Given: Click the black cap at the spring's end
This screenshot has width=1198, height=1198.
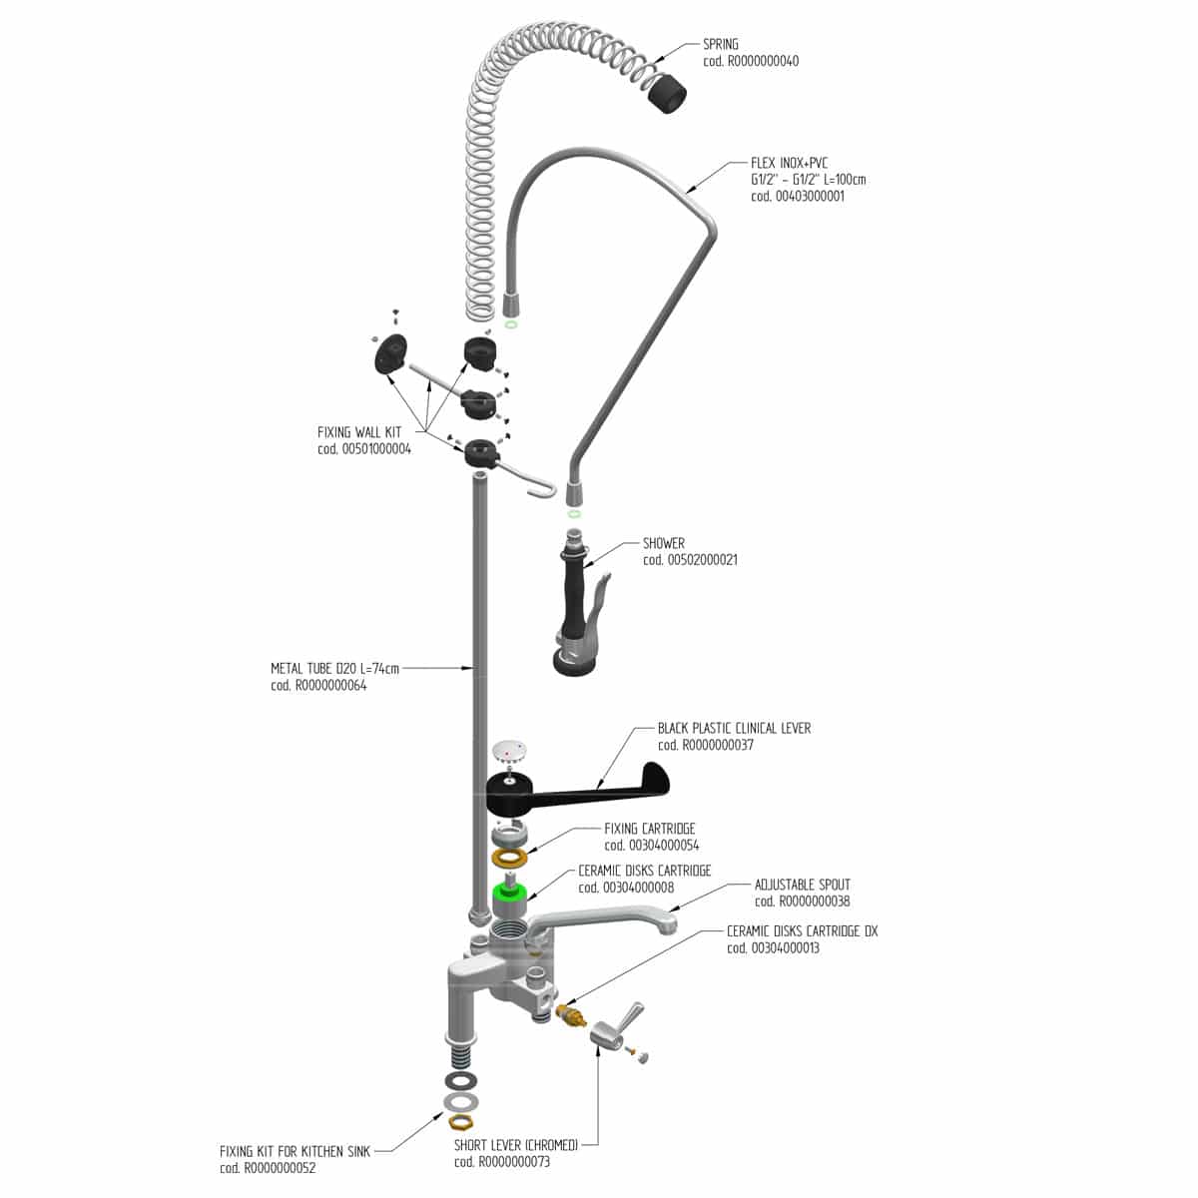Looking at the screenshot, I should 666,94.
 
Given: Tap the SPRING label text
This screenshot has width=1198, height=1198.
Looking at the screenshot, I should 721,44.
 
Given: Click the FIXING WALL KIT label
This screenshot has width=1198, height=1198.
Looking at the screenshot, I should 359,432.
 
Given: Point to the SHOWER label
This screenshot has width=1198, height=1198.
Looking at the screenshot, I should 664,544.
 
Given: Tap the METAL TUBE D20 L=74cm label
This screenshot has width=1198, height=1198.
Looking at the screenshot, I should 334,668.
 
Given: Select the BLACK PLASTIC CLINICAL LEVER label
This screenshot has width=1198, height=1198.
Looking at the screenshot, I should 734,729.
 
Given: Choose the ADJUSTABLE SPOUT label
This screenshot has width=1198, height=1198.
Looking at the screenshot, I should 802,885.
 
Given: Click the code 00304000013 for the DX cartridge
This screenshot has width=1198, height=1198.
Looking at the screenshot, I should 772,947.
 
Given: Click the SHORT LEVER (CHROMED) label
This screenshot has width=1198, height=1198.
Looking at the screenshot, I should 516,1144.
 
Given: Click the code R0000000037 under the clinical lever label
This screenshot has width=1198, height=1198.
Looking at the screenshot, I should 705,745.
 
